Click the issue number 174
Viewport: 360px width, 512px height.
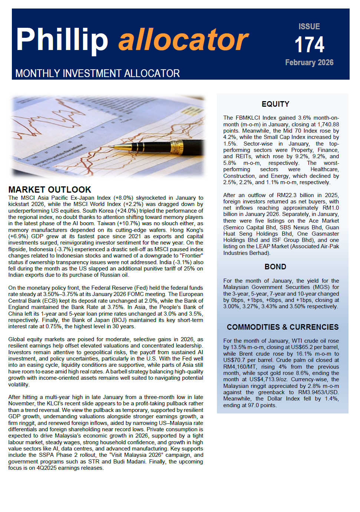click(309, 45)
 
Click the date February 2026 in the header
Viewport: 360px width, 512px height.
click(309, 63)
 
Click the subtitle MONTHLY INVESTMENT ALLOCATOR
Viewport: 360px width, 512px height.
click(98, 73)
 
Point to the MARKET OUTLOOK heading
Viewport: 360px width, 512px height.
click(50, 190)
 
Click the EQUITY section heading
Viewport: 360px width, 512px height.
click(275, 104)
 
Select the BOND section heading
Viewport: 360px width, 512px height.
click(275, 267)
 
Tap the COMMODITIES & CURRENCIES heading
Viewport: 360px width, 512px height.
click(283, 327)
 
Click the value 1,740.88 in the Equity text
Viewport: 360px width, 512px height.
click(326, 124)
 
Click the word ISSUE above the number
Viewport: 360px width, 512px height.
click(309, 27)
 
